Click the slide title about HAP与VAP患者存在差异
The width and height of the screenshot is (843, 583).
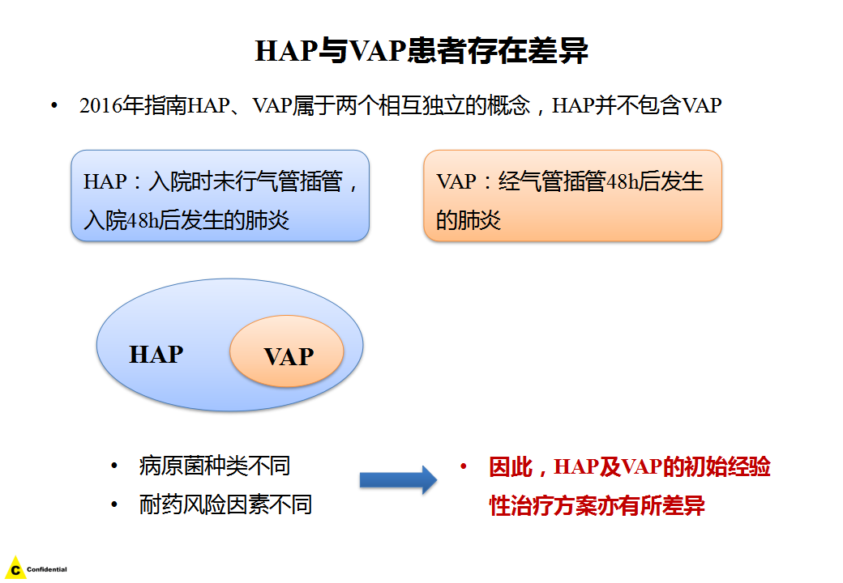click(x=421, y=51)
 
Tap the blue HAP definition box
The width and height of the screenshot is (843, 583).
click(x=220, y=196)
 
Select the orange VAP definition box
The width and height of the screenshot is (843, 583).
click(x=572, y=196)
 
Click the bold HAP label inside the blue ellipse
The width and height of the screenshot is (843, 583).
click(x=156, y=355)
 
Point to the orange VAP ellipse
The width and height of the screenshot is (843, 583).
click(x=287, y=351)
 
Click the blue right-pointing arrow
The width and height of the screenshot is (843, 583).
click(x=398, y=479)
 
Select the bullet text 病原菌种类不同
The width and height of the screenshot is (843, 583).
click(x=215, y=466)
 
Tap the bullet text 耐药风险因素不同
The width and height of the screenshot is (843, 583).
click(x=225, y=504)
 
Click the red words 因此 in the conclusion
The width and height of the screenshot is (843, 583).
click(x=511, y=467)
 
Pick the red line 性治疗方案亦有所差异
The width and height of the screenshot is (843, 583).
click(x=597, y=506)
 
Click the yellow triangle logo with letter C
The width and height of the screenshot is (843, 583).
click(x=15, y=568)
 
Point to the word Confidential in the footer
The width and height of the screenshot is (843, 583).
click(x=47, y=569)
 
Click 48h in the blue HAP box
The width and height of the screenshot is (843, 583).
click(x=143, y=220)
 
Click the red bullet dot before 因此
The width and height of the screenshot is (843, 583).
click(x=463, y=466)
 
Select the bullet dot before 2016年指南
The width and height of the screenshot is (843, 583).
click(x=53, y=105)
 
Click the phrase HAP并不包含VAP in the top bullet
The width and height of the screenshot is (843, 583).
click(x=636, y=105)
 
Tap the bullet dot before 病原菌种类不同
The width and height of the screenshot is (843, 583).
click(x=114, y=466)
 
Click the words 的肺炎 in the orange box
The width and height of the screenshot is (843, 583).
click(x=469, y=220)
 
